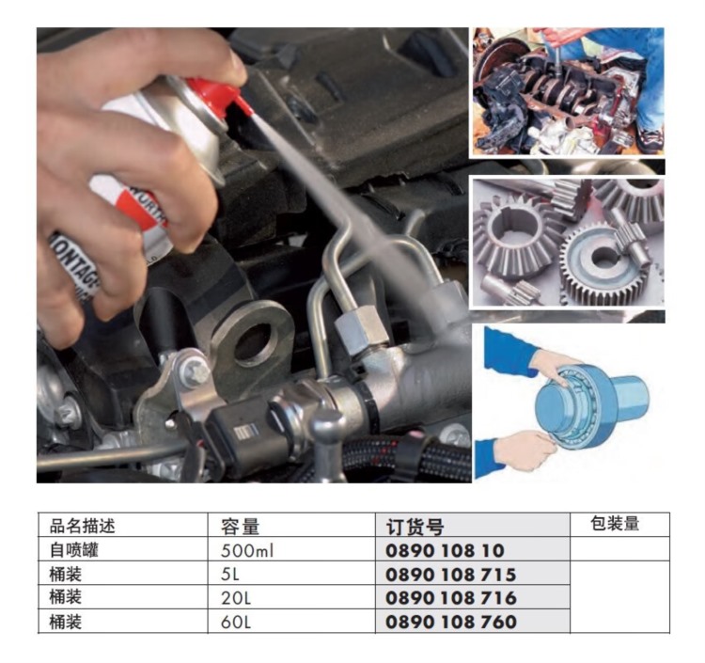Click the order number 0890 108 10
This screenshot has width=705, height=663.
click(445, 550)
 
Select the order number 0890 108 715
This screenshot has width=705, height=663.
click(451, 575)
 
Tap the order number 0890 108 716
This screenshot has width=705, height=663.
click(451, 598)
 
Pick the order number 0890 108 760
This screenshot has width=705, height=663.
click(451, 622)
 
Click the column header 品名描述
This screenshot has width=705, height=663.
click(83, 526)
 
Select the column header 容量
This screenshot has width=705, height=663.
click(240, 527)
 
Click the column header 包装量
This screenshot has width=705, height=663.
click(615, 523)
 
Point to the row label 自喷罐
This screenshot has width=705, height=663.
click(73, 550)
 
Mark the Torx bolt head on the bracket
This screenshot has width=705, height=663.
click(195, 371)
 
